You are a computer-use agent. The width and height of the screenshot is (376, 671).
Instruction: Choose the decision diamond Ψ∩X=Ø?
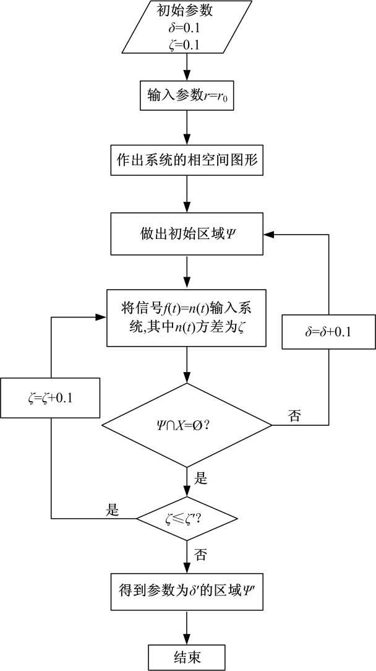[186, 425]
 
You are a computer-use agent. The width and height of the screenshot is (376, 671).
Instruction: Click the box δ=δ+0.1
[328, 332]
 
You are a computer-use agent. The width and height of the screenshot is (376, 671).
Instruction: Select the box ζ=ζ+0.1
[50, 397]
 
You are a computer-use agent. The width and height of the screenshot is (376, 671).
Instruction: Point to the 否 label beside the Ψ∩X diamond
[296, 415]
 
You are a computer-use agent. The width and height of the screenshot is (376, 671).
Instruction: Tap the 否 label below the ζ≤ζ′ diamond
[201, 551]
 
